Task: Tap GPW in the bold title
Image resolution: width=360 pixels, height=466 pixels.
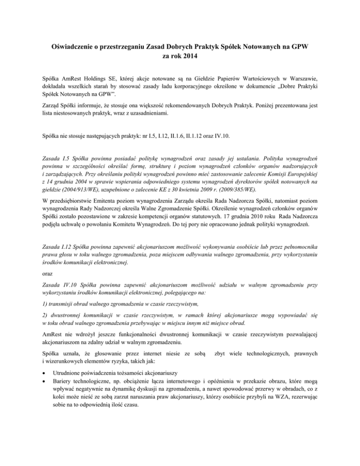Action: pyautogui.click(x=298, y=47)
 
